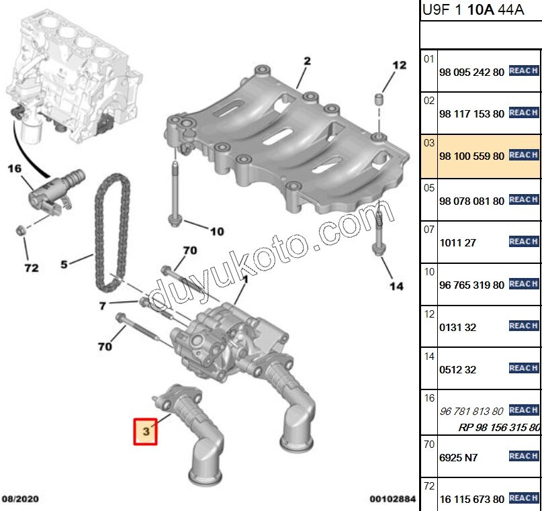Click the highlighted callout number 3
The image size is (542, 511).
point(146,432)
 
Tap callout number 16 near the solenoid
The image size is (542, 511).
point(15,169)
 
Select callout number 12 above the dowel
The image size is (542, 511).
point(400,65)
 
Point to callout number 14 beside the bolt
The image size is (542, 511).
point(396,286)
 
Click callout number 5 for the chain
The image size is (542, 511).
point(64,264)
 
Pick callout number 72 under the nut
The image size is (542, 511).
point(31,269)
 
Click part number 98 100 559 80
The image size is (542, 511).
point(471,156)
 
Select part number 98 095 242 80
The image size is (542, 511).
point(471,71)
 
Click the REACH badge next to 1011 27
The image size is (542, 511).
point(524,241)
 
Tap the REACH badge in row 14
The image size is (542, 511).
point(524,368)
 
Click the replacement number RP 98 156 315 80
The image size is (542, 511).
point(500,427)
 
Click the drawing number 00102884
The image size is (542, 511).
point(392,499)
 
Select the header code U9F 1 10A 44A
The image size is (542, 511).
point(464,10)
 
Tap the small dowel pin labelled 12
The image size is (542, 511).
point(379,100)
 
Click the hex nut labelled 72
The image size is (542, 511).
point(21,231)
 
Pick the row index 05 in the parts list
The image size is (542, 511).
point(428,187)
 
